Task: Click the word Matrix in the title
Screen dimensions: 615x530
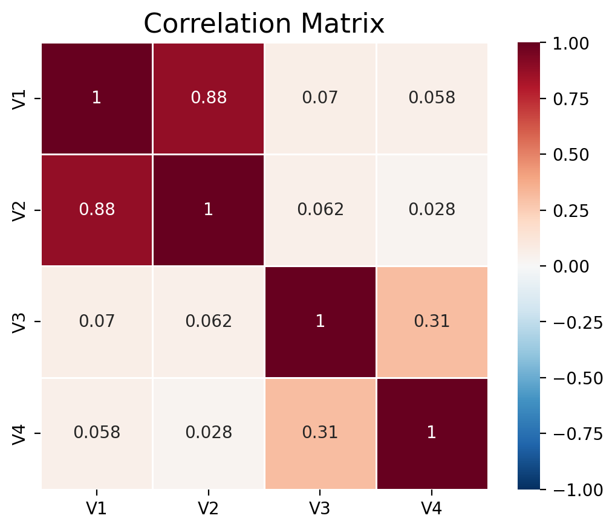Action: pyautogui.click(x=342, y=24)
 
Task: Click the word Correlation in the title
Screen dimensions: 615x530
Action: pyautogui.click(x=218, y=24)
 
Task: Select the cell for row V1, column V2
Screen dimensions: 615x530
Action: pyautogui.click(x=209, y=98)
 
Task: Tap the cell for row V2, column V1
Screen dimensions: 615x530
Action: pyautogui.click(x=97, y=210)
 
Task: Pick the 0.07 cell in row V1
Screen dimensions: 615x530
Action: pyautogui.click(x=320, y=98)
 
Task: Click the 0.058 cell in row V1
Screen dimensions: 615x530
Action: pyautogui.click(x=432, y=98)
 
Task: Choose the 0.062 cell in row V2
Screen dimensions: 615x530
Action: pyautogui.click(x=320, y=210)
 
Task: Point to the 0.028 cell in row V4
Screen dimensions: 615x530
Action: pyautogui.click(x=209, y=433)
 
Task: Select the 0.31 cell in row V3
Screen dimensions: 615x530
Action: pyautogui.click(x=432, y=322)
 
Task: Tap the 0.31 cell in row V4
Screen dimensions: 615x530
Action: pyautogui.click(x=320, y=433)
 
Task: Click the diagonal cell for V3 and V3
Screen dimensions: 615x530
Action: pyautogui.click(x=320, y=322)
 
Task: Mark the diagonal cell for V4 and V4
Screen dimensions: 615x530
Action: pyautogui.click(x=432, y=433)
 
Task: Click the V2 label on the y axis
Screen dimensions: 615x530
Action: pyautogui.click(x=19, y=210)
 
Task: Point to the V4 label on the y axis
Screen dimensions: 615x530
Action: pyautogui.click(x=19, y=433)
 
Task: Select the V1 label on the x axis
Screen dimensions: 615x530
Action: pyautogui.click(x=97, y=508)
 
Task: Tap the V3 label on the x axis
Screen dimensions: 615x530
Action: pyautogui.click(x=320, y=508)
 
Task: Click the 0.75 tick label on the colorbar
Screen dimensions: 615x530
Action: pyautogui.click(x=571, y=100)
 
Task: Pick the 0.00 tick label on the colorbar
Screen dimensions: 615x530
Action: pyautogui.click(x=571, y=267)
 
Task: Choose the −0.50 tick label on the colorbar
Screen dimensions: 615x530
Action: pyautogui.click(x=578, y=378)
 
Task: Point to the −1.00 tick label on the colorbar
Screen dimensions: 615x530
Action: pyautogui.click(x=578, y=490)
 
